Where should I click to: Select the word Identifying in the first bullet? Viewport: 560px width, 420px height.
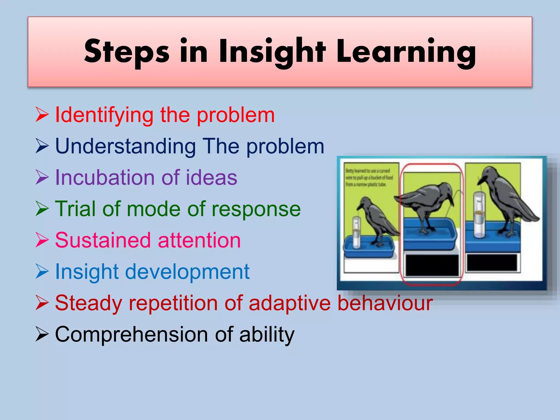pyautogui.click(x=104, y=115)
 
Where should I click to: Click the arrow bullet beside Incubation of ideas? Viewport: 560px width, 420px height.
pyautogui.click(x=42, y=177)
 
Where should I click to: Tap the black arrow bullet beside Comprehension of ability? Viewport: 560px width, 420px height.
pyautogui.click(x=42, y=334)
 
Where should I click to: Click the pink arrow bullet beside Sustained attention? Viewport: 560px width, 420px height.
pyautogui.click(x=42, y=240)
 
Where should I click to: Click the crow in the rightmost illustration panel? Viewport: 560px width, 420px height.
pyautogui.click(x=506, y=200)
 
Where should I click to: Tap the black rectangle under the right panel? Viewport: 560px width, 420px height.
pyautogui.click(x=492, y=262)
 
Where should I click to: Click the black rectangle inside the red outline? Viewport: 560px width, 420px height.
pyautogui.click(x=432, y=265)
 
